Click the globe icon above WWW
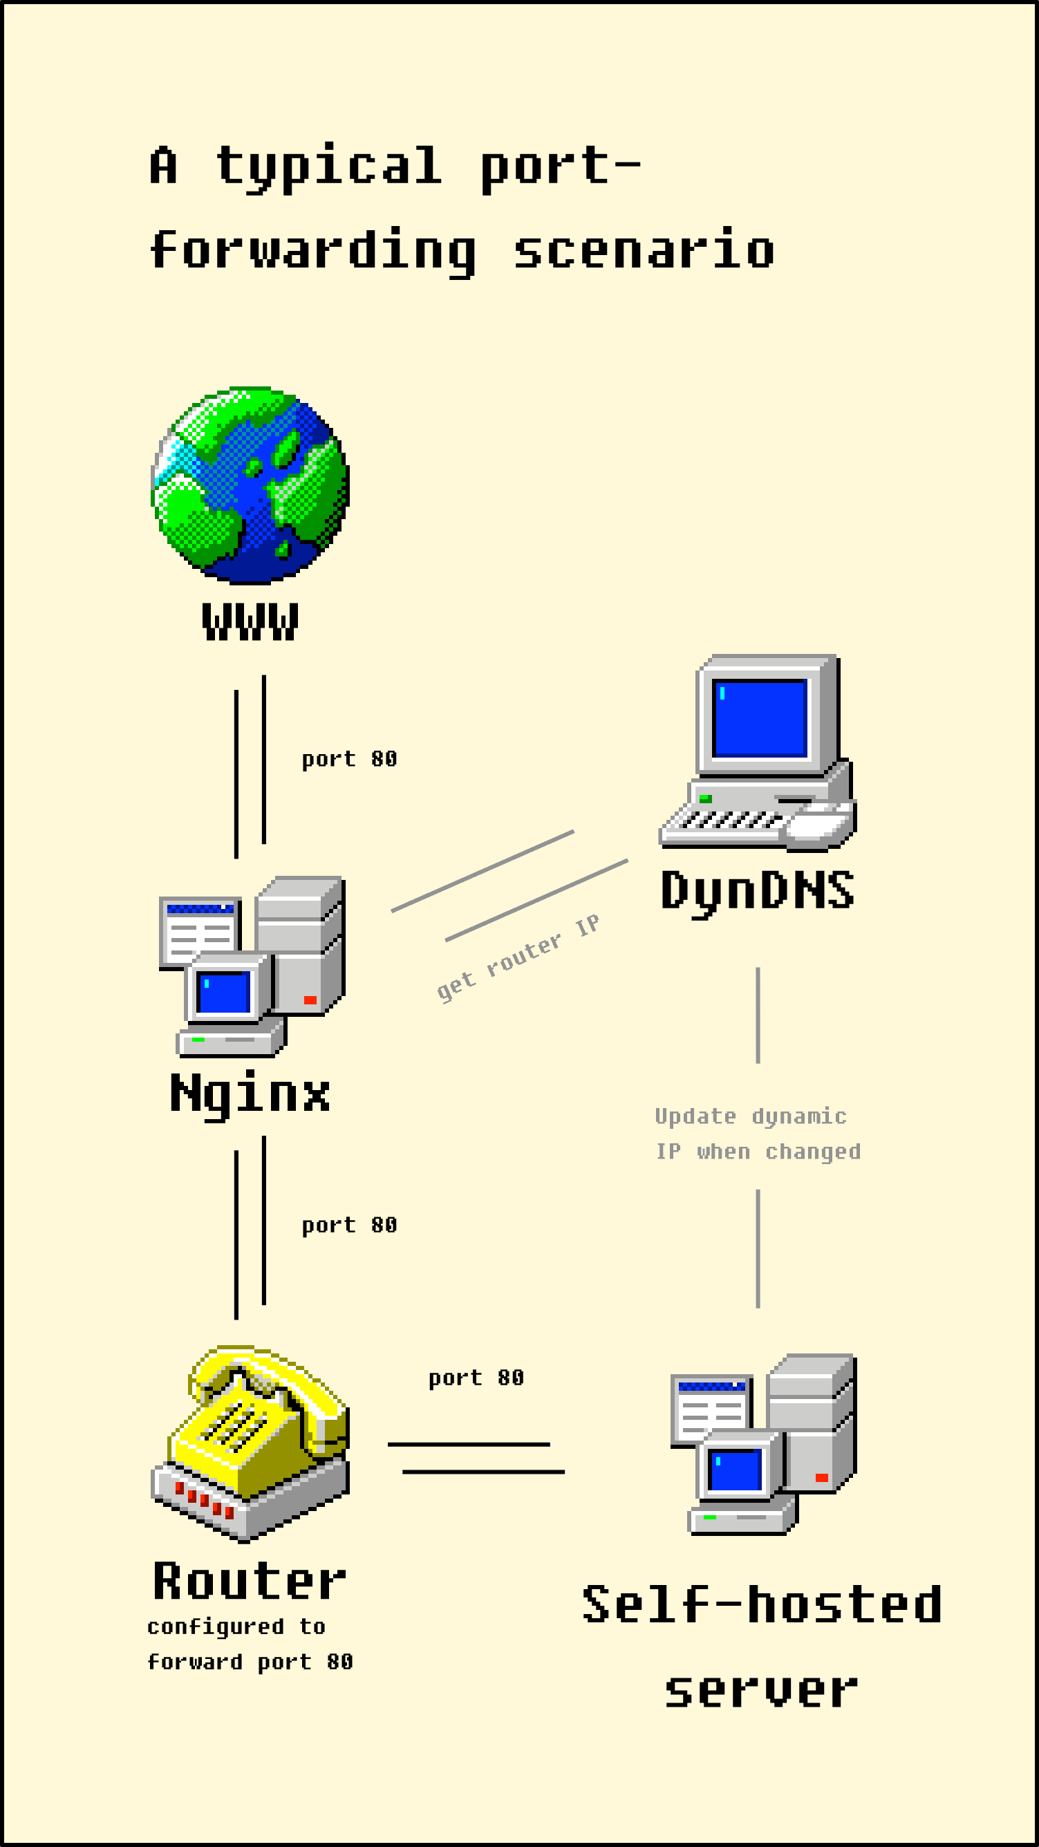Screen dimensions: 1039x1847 coord(250,485)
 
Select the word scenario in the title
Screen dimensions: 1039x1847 coord(644,250)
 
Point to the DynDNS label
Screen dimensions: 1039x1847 coord(757,890)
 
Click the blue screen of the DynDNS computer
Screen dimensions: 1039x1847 coord(760,718)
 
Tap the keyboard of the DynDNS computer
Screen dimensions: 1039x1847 coord(728,820)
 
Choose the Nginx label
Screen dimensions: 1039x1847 coord(250,1094)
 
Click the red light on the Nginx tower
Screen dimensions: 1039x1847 coord(310,1000)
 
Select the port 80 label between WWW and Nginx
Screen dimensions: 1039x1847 coord(349,758)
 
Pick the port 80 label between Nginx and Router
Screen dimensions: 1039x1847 coord(349,1225)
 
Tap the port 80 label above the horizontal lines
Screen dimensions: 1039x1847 coord(476,1378)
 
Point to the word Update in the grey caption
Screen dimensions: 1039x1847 coord(695,1116)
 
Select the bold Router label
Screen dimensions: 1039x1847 coord(250,1582)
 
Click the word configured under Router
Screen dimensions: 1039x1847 coord(215,1627)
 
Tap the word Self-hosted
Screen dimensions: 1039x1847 coord(762,1604)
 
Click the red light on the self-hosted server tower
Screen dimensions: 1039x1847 coord(822,1477)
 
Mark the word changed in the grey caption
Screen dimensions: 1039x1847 coord(812,1152)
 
